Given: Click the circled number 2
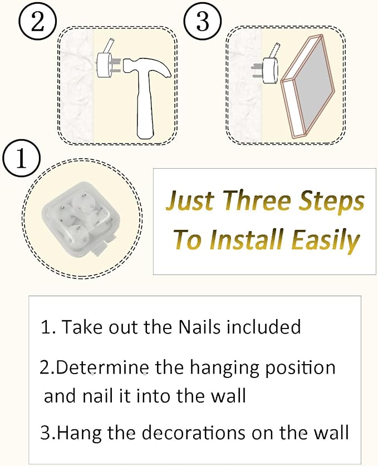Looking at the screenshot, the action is [38, 22].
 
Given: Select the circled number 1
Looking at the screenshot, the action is [21, 159].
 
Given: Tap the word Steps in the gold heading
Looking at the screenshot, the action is [332, 201].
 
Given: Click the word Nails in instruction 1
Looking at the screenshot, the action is [200, 327].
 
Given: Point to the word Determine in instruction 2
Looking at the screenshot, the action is [102, 367].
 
